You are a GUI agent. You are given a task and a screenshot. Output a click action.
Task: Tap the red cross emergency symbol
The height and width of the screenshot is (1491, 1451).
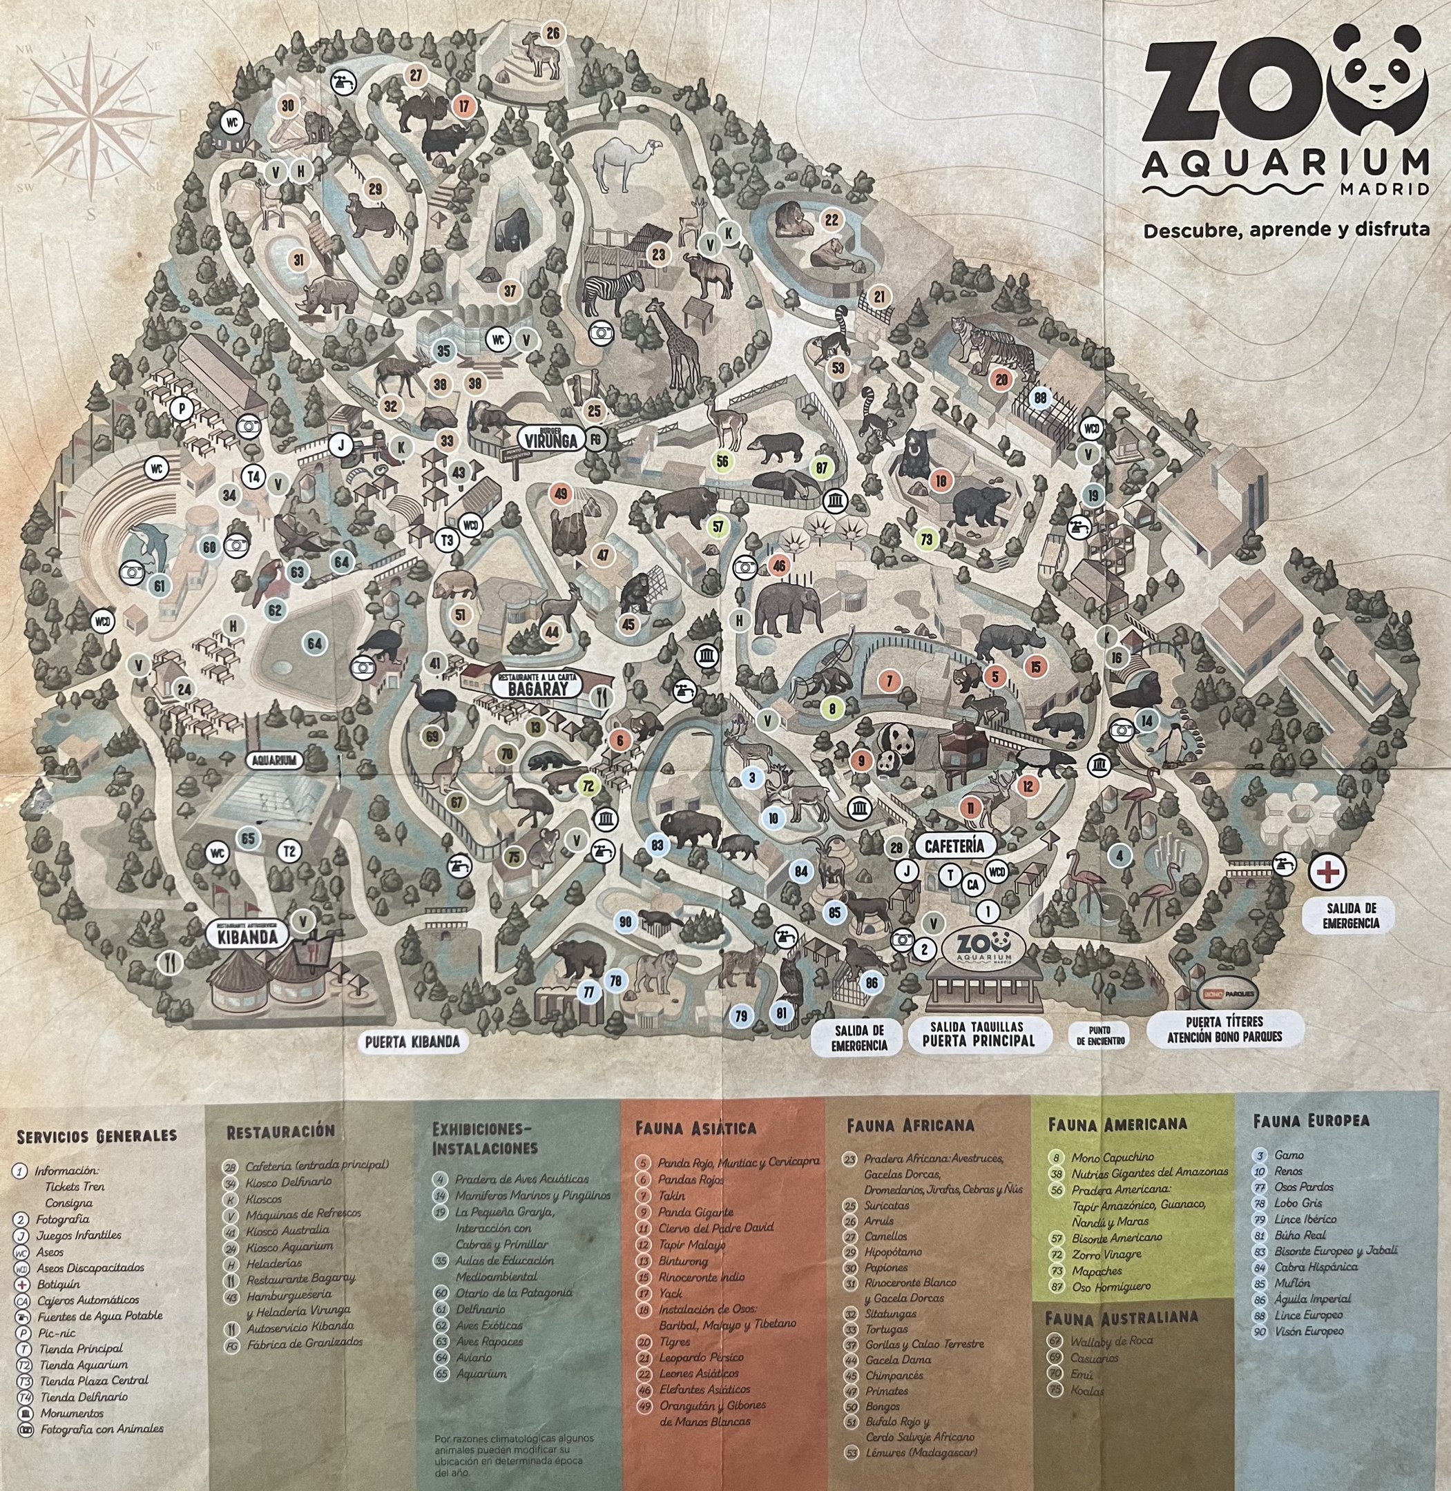1327,873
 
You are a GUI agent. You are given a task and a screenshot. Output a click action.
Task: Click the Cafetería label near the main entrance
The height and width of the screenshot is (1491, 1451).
959,845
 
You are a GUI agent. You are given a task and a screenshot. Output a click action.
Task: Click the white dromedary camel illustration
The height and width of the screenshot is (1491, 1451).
623,162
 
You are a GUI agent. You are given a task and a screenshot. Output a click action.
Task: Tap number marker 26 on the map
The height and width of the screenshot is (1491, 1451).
552,32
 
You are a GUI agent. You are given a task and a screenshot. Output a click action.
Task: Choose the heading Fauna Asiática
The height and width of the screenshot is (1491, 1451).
695,1128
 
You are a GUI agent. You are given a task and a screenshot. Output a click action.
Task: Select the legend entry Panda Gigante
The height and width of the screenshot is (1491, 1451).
695,1211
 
